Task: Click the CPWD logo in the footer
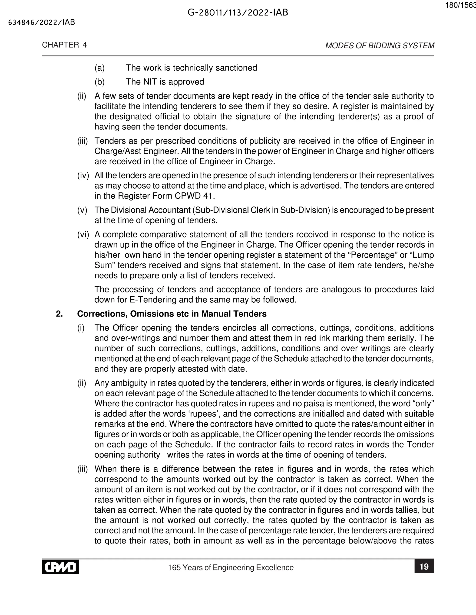[60, 567]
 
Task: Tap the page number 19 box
[424, 566]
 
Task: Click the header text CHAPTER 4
[64, 45]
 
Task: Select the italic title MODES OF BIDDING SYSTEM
[380, 46]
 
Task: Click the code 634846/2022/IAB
[42, 23]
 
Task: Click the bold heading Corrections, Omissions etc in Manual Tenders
[172, 314]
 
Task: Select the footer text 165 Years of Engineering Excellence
[231, 567]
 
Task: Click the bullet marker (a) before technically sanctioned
[99, 68]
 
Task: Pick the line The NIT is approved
[165, 82]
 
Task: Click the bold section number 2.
[59, 314]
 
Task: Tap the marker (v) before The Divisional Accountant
[82, 210]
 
